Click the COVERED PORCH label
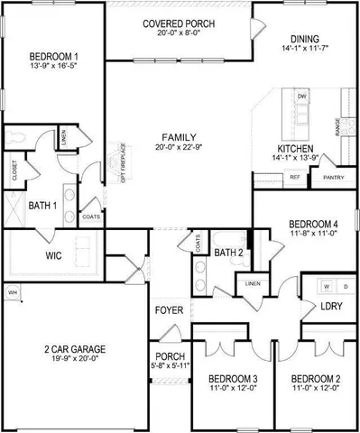click(178, 24)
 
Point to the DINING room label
click(302, 39)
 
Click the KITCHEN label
click(295, 147)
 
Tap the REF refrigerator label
click(294, 178)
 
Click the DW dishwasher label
click(302, 95)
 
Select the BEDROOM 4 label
click(313, 225)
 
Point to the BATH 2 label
click(229, 253)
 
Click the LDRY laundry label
click(329, 307)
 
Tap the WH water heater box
click(13, 292)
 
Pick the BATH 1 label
click(42, 207)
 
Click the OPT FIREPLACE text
click(124, 163)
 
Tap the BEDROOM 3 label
click(233, 379)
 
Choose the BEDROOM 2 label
click(316, 379)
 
